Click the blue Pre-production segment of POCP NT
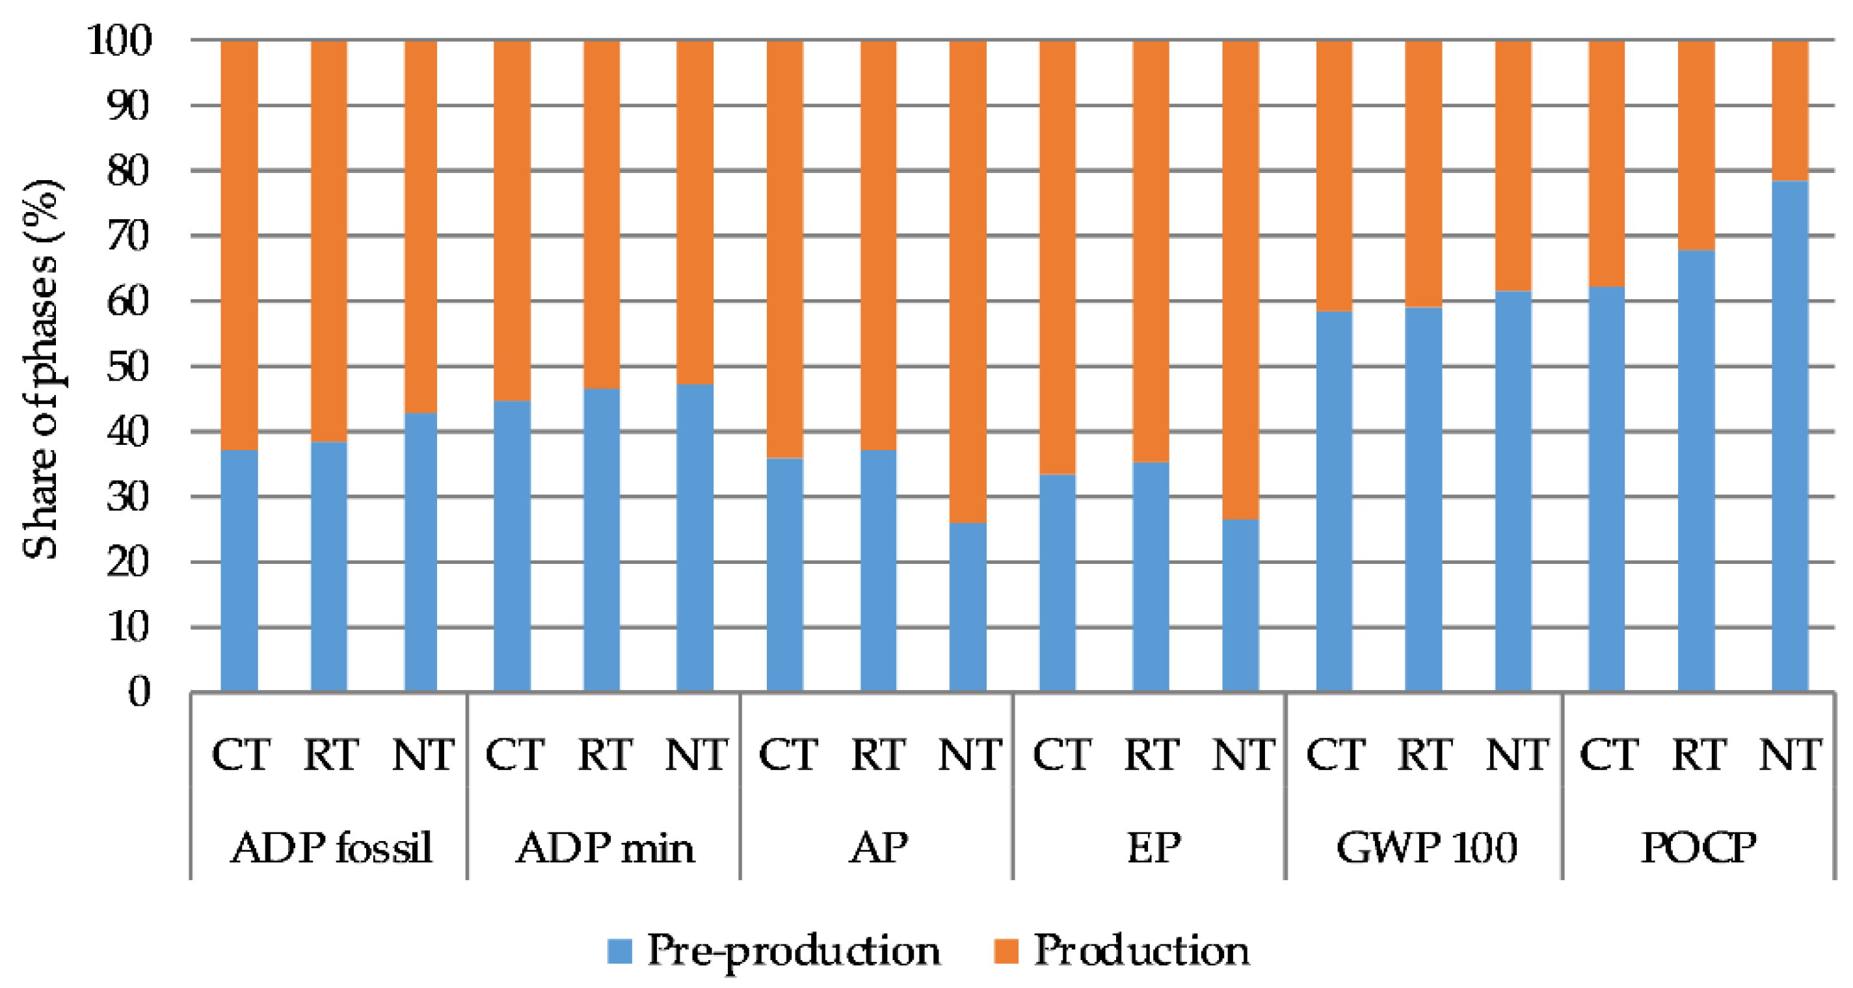coord(1789,435)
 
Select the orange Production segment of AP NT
coord(968,280)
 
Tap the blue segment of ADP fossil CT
coord(239,570)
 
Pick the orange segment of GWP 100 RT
coord(1423,173)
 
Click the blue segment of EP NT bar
coord(1240,604)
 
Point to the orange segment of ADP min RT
coord(602,214)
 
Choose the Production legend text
coord(1141,950)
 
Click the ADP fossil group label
coord(331,847)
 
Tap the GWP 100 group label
coord(1426,847)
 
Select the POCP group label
coord(1698,847)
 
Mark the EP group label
coord(1153,847)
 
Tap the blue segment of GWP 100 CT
coord(1333,501)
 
